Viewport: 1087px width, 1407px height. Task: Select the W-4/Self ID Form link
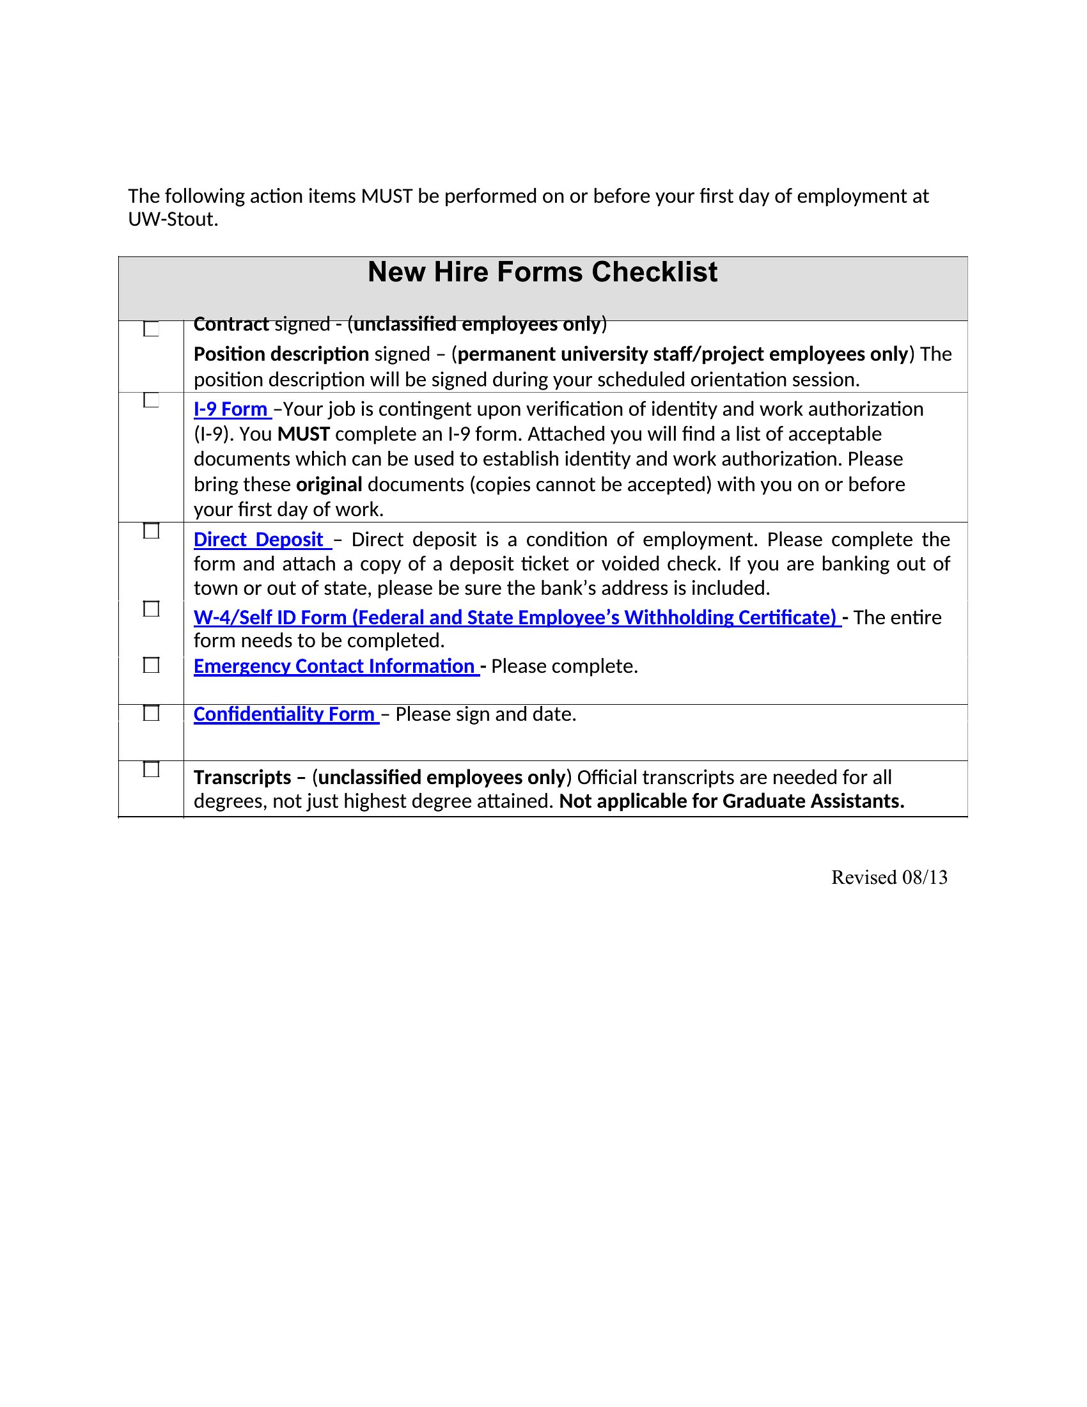click(515, 617)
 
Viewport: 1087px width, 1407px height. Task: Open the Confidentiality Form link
click(284, 714)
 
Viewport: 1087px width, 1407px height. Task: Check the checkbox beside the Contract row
click(152, 329)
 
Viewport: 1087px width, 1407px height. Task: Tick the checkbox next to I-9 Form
click(152, 400)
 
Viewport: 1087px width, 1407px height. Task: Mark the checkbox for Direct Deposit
click(152, 531)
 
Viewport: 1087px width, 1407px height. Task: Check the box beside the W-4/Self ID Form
click(152, 609)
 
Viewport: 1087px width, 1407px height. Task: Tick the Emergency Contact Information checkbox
click(152, 665)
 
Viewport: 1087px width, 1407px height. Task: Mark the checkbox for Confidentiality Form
click(152, 713)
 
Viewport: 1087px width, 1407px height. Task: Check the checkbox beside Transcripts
click(152, 769)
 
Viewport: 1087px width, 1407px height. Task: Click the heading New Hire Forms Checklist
click(542, 272)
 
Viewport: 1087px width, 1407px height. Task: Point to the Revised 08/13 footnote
click(889, 877)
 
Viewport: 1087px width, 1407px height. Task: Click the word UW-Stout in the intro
click(173, 219)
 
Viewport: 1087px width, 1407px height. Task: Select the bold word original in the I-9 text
click(329, 485)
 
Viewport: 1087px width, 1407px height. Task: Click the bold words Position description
click(281, 354)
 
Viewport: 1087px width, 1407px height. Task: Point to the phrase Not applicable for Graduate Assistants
click(731, 801)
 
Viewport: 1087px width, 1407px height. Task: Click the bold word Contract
click(231, 324)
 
